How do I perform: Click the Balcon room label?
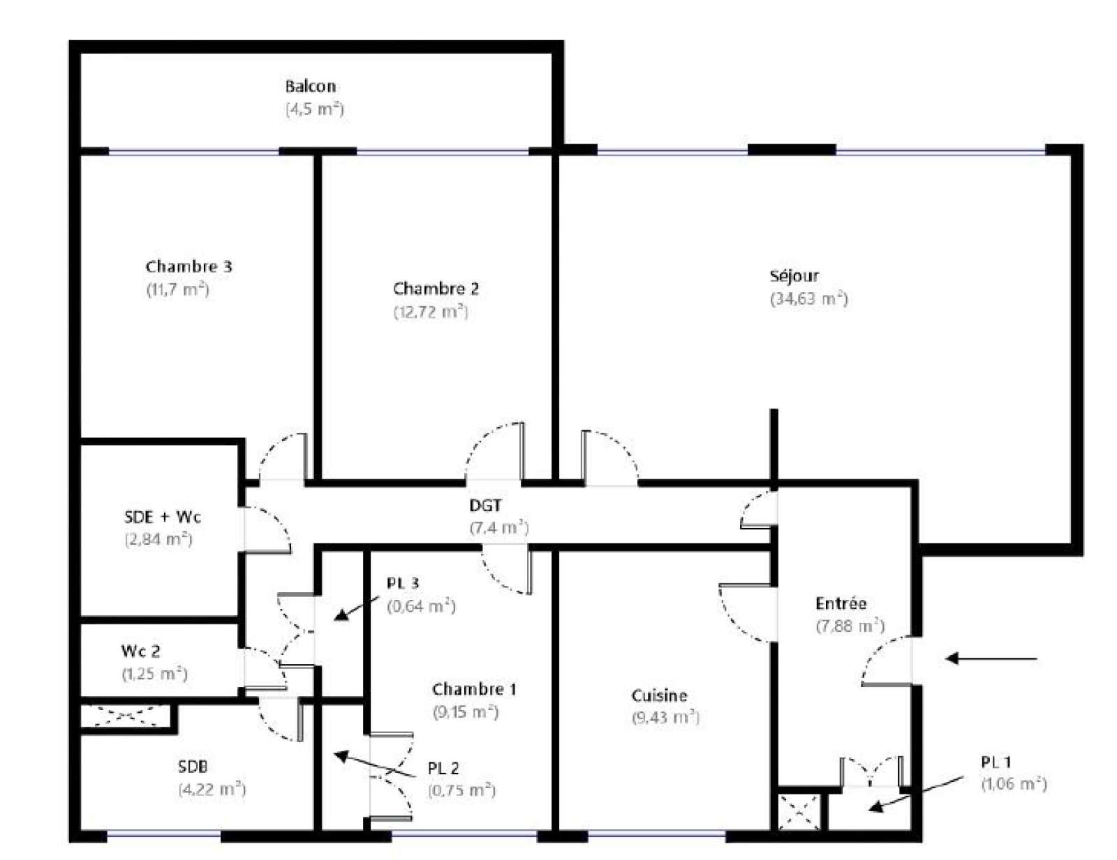pyautogui.click(x=311, y=86)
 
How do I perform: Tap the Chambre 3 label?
pyautogui.click(x=188, y=266)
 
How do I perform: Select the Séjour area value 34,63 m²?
pyautogui.click(x=808, y=299)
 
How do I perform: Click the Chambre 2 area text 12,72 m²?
pyautogui.click(x=430, y=312)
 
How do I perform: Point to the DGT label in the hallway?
pyautogui.click(x=485, y=505)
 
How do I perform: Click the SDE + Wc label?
pyautogui.click(x=163, y=517)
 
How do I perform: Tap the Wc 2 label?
pyautogui.click(x=140, y=651)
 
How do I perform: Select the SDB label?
pyautogui.click(x=193, y=767)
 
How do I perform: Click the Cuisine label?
pyautogui.click(x=659, y=695)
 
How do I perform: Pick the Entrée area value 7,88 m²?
pyautogui.click(x=850, y=626)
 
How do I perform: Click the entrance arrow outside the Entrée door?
pyautogui.click(x=991, y=658)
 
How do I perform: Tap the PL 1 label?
pyautogui.click(x=996, y=762)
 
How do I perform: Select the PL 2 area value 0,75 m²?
pyautogui.click(x=461, y=790)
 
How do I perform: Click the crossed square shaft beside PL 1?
pyautogui.click(x=799, y=810)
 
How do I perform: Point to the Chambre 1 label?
pyautogui.click(x=474, y=690)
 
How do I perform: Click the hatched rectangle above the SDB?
pyautogui.click(x=124, y=716)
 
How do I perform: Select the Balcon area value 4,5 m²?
pyautogui.click(x=314, y=110)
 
